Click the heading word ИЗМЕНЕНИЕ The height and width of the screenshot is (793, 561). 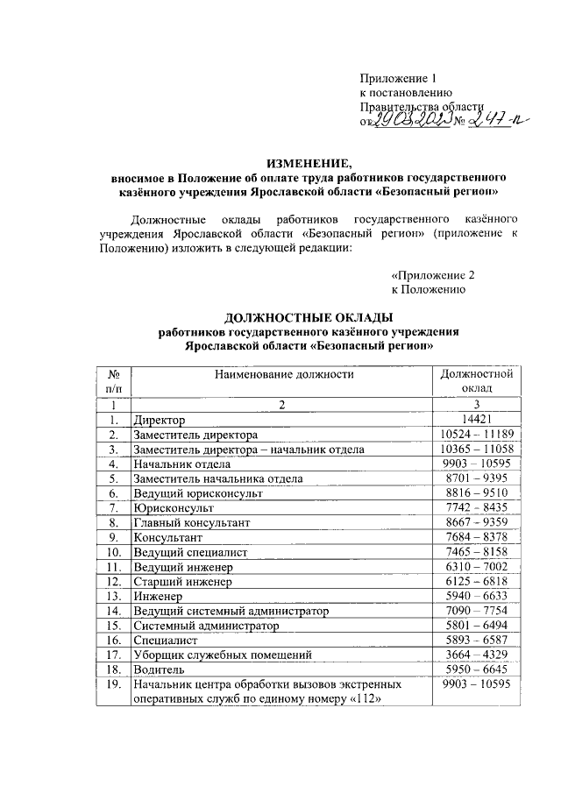(x=307, y=162)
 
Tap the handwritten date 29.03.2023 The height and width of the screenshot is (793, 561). (x=408, y=120)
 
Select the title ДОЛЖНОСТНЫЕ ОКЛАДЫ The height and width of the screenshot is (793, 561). (x=309, y=317)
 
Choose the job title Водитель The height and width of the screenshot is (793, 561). (x=159, y=669)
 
